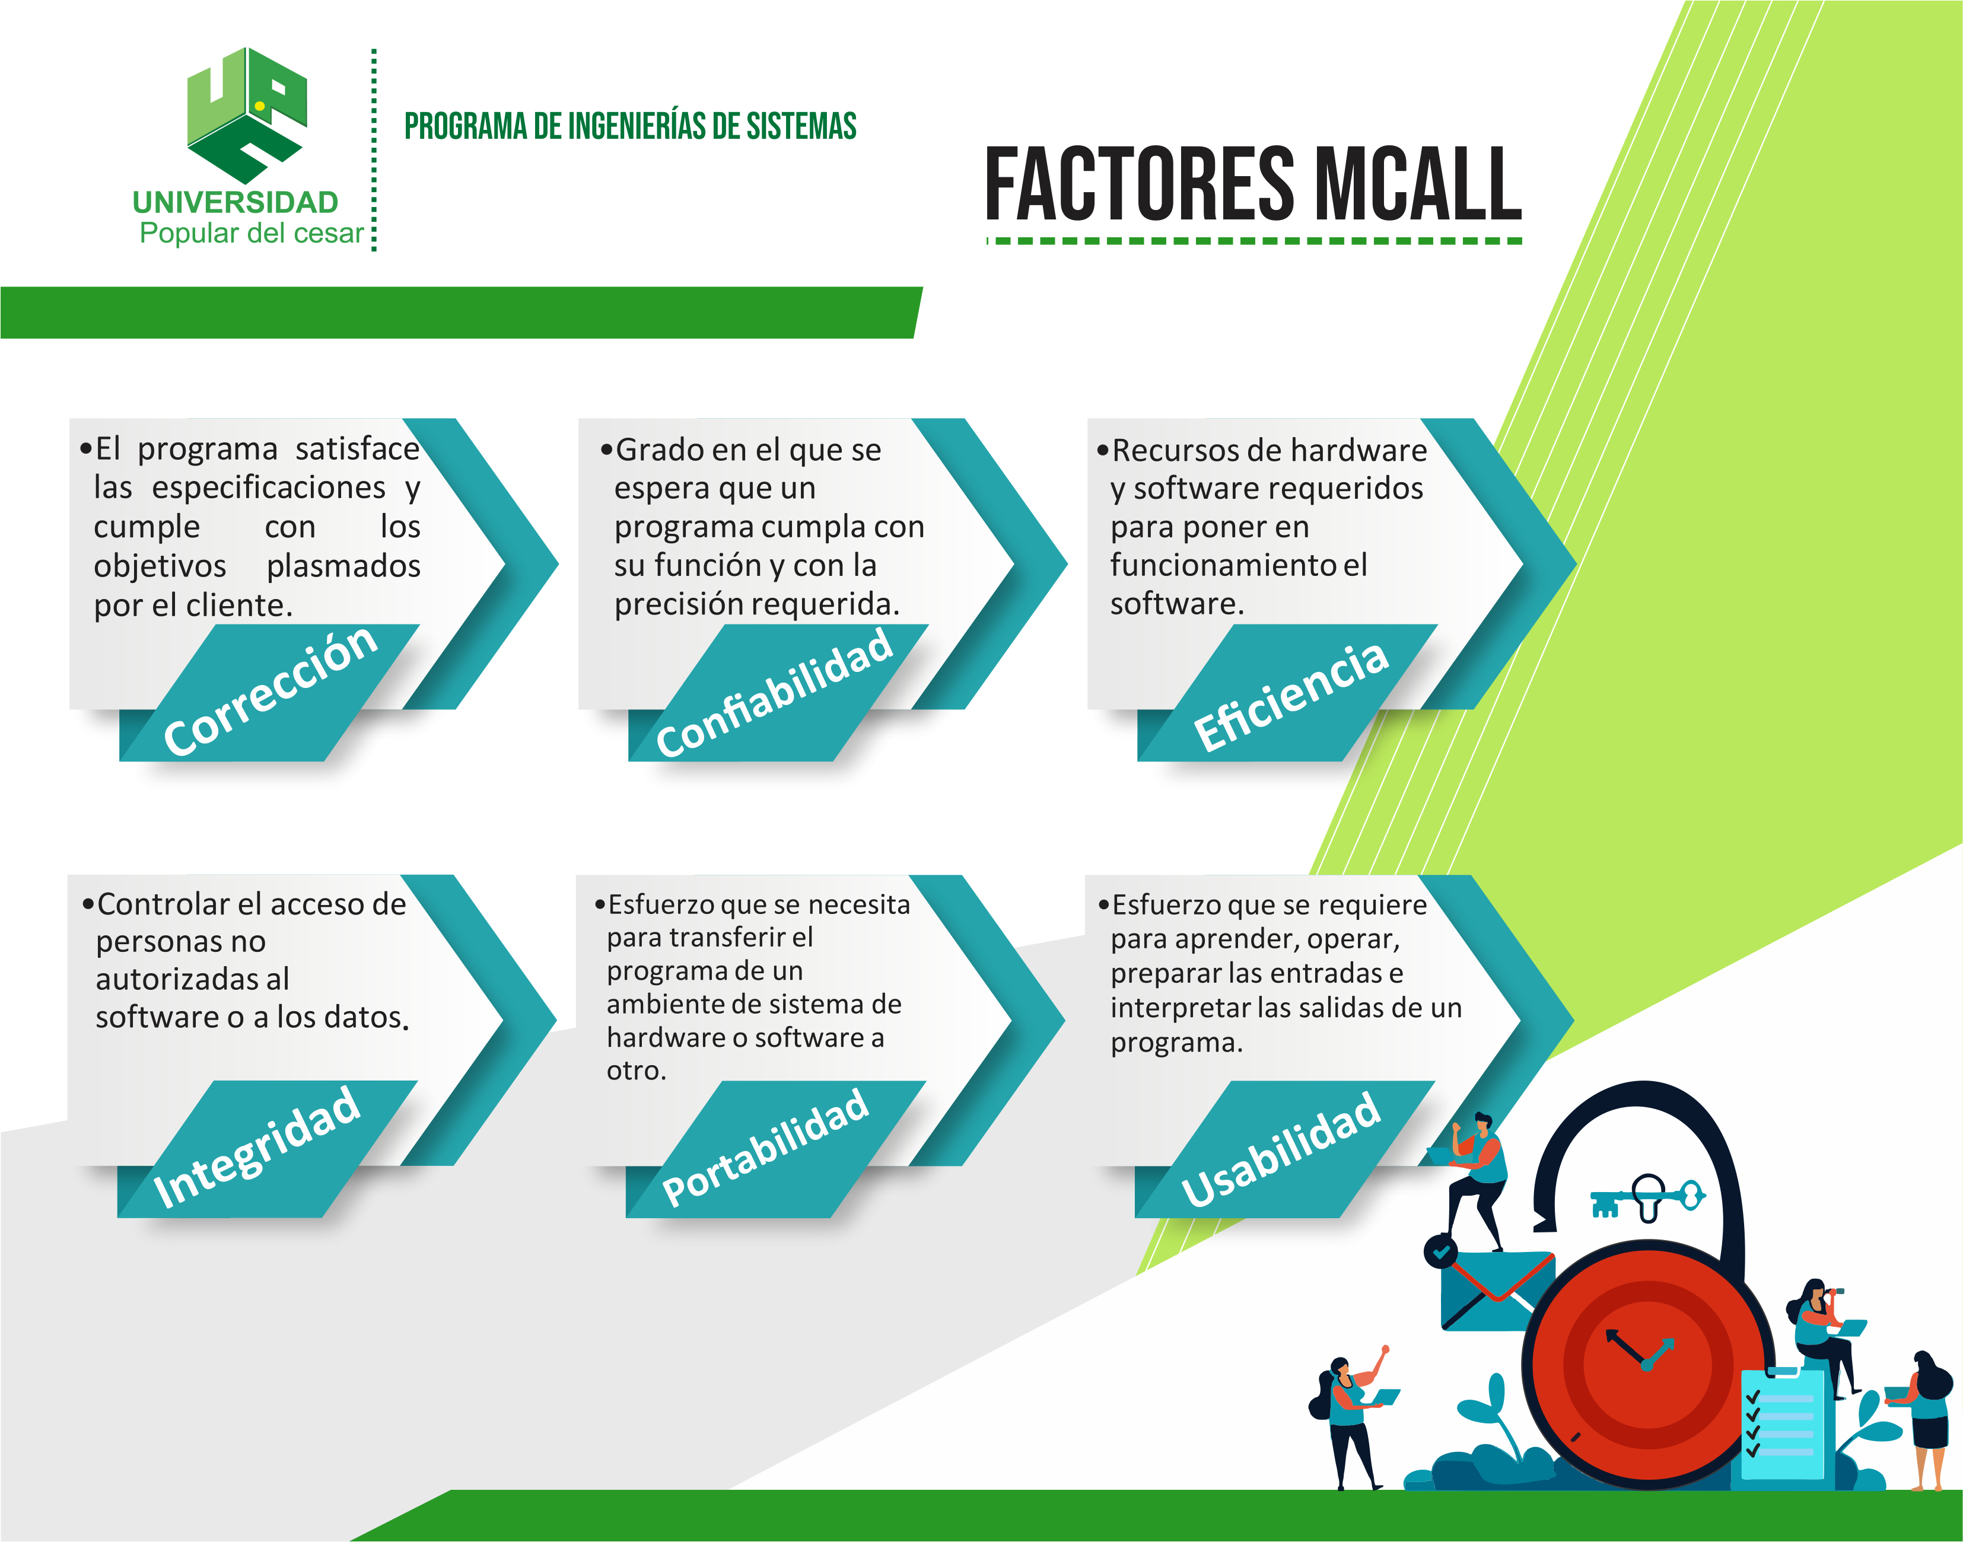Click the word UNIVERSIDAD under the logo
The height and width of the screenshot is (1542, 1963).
236,202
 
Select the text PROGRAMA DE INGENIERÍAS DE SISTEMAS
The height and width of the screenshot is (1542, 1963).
630,126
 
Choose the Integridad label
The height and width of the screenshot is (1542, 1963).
257,1146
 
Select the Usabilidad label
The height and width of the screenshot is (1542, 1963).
1280,1148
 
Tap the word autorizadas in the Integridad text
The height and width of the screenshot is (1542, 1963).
192,979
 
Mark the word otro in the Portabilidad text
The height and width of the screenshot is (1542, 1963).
636,1071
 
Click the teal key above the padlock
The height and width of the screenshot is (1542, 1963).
1648,1198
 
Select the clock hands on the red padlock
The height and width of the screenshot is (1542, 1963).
1639,1350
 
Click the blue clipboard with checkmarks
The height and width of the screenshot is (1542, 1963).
1781,1424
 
